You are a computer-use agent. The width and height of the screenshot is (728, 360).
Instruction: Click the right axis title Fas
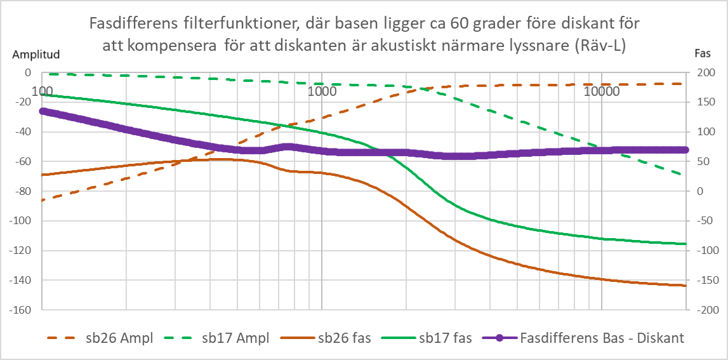[x=696, y=55]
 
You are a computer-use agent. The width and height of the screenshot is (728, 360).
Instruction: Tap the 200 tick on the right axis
[x=699, y=73]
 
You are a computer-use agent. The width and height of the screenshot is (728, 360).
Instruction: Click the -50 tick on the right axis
[x=699, y=221]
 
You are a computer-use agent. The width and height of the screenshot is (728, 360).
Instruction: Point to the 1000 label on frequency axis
[x=322, y=90]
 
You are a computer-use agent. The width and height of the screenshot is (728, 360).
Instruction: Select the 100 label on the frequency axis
[x=42, y=90]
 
